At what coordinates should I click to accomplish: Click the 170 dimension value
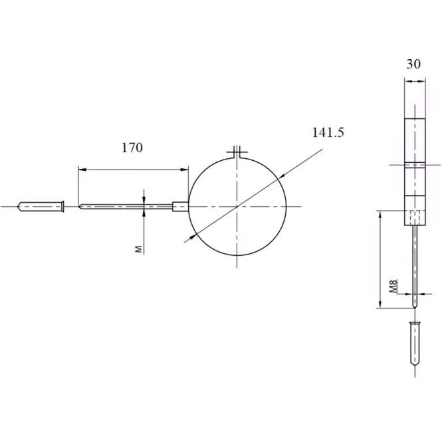coord(132,148)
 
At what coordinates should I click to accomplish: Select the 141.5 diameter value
coord(328,132)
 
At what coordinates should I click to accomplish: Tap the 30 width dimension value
coord(413,64)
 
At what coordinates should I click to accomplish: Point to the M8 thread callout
coord(393,286)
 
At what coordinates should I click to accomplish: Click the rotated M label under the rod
coord(139,249)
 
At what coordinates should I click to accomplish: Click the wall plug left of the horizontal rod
coord(41,207)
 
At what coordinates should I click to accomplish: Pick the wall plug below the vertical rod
coord(415,344)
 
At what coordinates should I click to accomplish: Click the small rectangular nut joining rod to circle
coord(180,206)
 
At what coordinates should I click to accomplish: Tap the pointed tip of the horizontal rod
coord(78,207)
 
